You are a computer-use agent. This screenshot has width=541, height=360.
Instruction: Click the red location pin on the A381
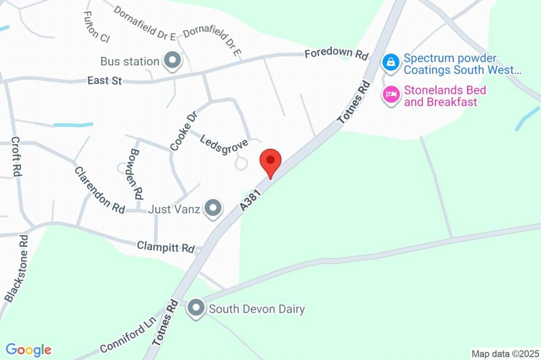coord(270,161)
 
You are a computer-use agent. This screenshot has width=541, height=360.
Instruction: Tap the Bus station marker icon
coord(172,61)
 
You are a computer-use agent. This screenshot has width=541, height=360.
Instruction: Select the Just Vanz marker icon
coord(213,209)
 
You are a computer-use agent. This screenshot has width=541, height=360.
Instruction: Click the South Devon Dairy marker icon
coord(196,308)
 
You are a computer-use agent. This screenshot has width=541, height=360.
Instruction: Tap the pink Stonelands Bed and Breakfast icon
coord(390,95)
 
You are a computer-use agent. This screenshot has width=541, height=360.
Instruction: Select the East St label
coord(105,81)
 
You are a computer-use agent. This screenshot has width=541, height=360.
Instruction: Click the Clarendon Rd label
coord(99,190)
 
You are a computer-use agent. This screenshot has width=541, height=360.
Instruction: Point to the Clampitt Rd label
coord(166,247)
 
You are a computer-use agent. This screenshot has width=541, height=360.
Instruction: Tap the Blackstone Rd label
coord(16,269)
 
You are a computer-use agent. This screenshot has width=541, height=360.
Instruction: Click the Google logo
coord(29,349)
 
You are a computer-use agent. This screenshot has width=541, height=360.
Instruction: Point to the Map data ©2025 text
coord(505,353)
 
